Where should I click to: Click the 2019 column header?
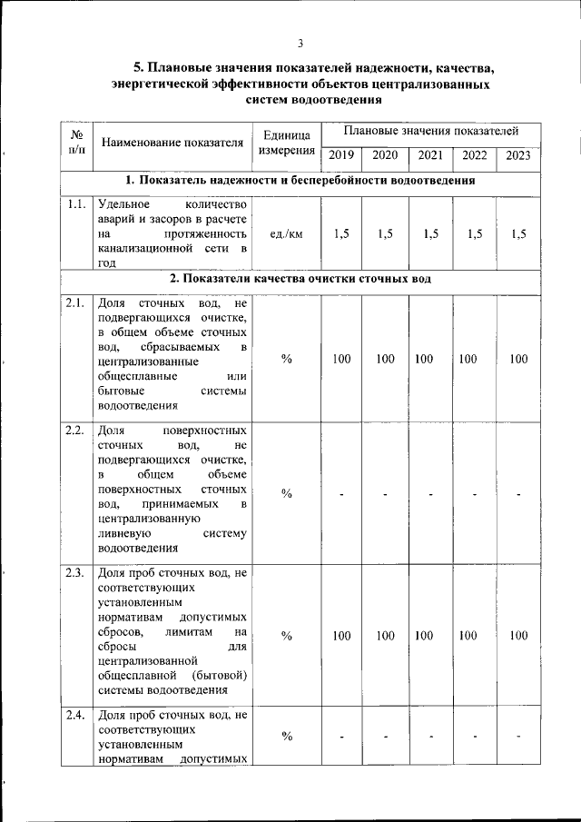340,155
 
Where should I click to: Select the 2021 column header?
430,155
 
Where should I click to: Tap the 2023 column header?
518,155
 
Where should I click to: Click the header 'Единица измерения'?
287,143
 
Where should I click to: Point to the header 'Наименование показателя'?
172,143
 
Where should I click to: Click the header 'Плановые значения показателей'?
430,132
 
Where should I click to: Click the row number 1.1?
75,204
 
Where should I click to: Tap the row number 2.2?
75,430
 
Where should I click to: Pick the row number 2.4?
75,716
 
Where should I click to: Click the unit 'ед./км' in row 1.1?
287,233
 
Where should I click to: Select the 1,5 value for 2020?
386,233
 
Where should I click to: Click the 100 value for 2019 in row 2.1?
340,359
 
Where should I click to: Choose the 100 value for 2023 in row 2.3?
518,636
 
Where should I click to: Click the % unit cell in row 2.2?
287,493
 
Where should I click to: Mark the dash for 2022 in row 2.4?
475,737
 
